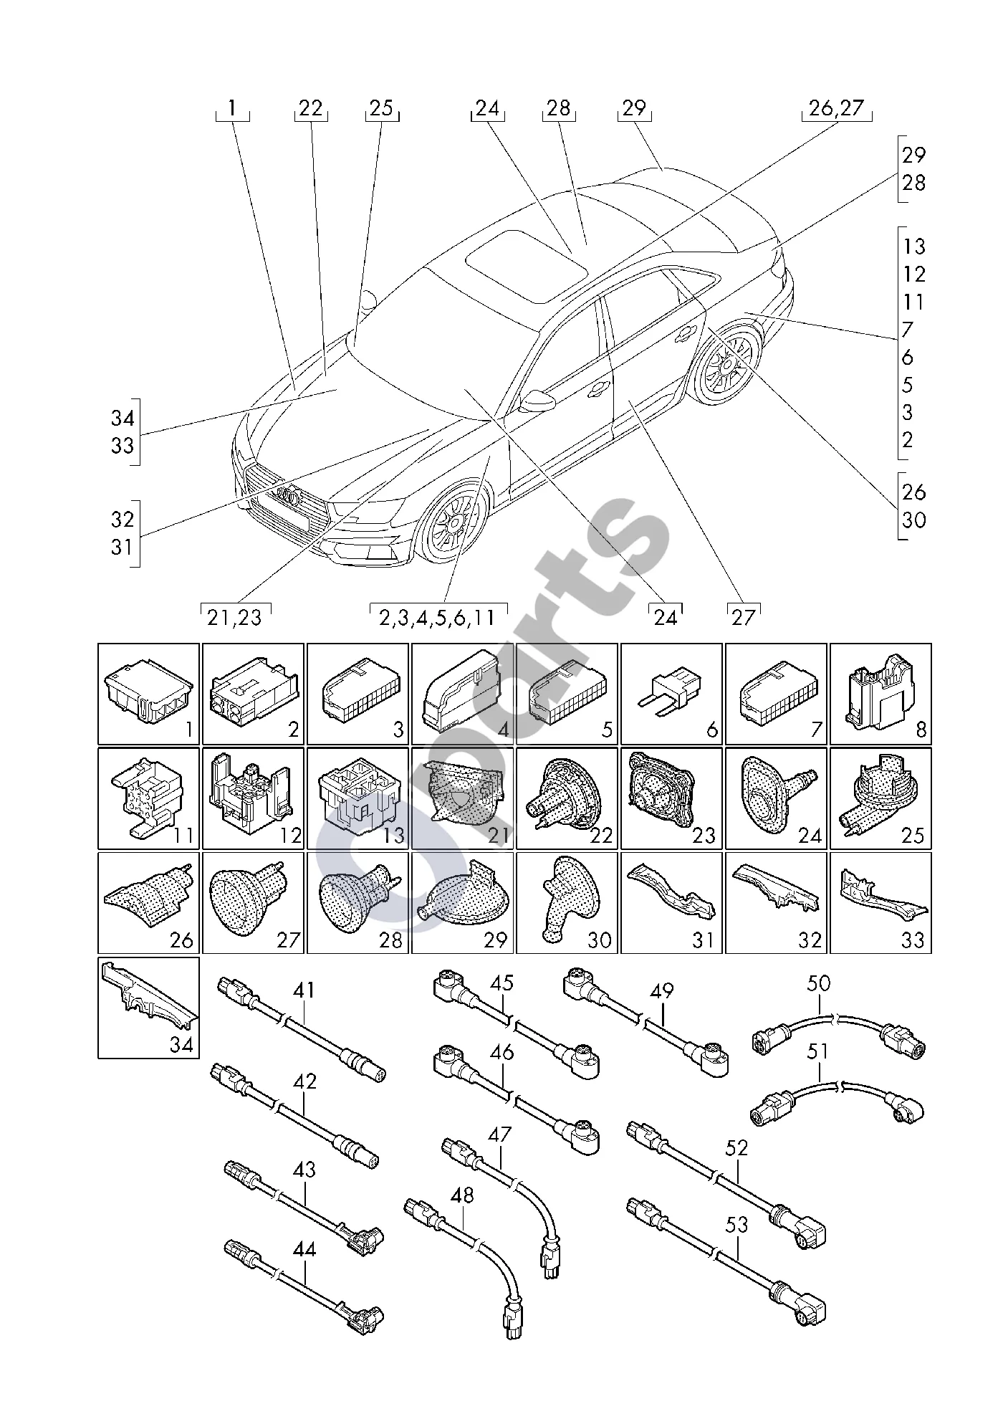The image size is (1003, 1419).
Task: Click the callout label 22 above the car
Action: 311,108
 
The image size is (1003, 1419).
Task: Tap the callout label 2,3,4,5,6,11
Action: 438,617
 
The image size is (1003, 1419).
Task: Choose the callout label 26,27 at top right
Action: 837,108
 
